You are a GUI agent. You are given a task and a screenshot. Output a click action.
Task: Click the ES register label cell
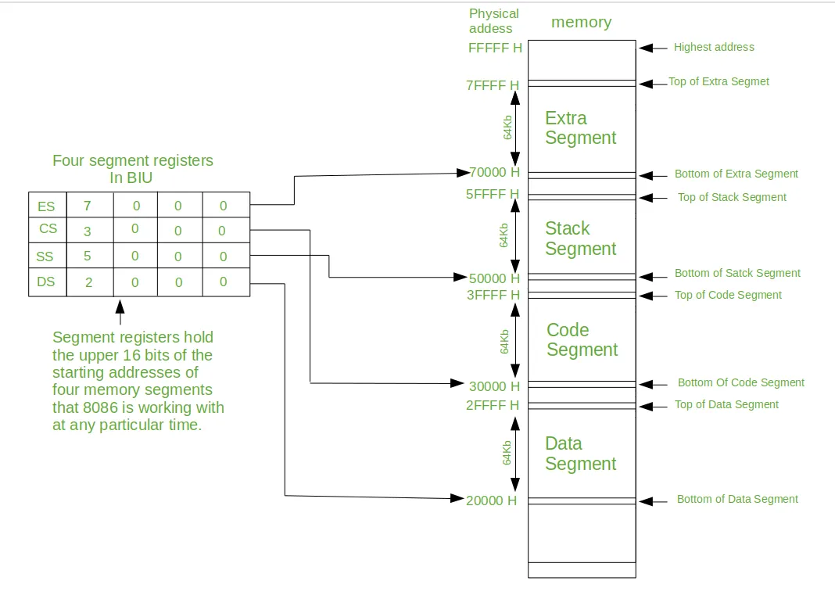pos(47,206)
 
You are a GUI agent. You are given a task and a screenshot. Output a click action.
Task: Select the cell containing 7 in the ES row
pos(88,206)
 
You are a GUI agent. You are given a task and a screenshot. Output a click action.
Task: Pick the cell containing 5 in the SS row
pos(88,257)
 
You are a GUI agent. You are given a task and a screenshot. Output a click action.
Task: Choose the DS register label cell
pos(47,282)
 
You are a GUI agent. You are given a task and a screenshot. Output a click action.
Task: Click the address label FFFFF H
pos(495,48)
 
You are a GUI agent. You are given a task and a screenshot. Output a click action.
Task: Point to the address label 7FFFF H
pos(493,85)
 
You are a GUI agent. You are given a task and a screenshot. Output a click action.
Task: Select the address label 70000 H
pos(493,172)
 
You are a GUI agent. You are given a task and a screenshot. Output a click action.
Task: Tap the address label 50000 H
pos(493,278)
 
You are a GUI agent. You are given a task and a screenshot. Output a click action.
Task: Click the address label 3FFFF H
pos(493,295)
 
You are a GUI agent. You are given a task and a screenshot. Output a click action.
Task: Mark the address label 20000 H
pos(492,501)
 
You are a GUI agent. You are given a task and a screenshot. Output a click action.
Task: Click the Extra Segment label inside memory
pos(580,128)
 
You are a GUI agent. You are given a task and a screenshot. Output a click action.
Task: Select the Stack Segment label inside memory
pos(580,239)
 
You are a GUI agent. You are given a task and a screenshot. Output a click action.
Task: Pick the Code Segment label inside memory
pos(582,339)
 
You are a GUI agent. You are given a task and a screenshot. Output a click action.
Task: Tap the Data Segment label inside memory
pos(580,454)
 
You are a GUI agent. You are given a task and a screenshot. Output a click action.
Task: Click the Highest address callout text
pos(714,47)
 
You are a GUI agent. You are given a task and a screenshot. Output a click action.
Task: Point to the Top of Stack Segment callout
pos(732,197)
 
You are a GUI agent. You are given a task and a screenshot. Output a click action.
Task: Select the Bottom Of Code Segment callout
pos(740,382)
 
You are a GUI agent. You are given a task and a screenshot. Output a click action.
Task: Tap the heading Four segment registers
pos(132,160)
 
